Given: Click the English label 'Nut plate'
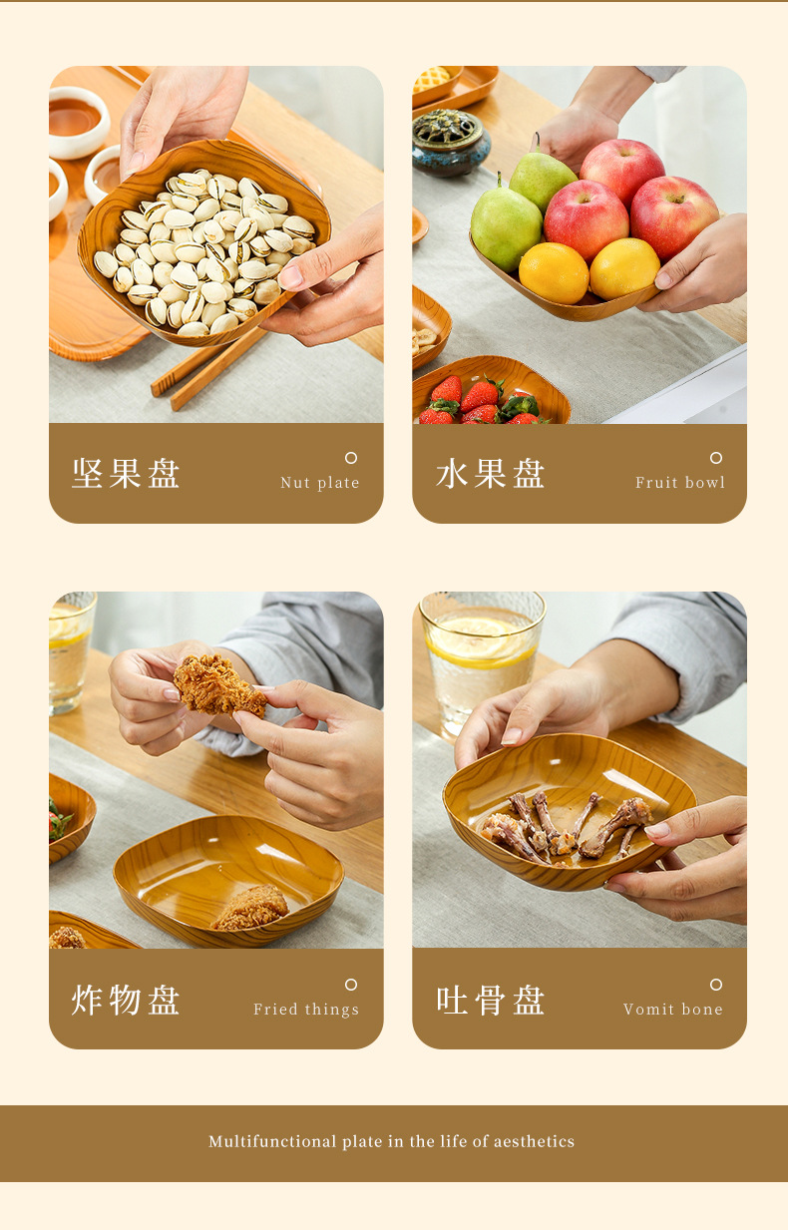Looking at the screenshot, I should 319,483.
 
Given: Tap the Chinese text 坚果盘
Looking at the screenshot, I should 126,474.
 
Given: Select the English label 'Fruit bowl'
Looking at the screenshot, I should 680,483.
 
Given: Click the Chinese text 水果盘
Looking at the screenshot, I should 491,474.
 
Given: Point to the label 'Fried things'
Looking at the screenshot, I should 306,1010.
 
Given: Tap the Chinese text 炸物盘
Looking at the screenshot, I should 126,1000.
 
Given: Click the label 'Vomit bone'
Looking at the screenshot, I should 673,1010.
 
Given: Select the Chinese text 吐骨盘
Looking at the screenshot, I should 491,1000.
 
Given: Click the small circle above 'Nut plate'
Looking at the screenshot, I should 351,458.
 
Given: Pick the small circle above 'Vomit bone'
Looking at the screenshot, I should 716,985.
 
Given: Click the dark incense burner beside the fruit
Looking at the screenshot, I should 450,143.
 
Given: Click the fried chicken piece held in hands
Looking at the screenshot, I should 218,686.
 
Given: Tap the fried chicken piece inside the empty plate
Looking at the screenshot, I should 250,908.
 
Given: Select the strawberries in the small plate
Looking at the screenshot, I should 479,401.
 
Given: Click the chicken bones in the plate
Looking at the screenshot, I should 564,828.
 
